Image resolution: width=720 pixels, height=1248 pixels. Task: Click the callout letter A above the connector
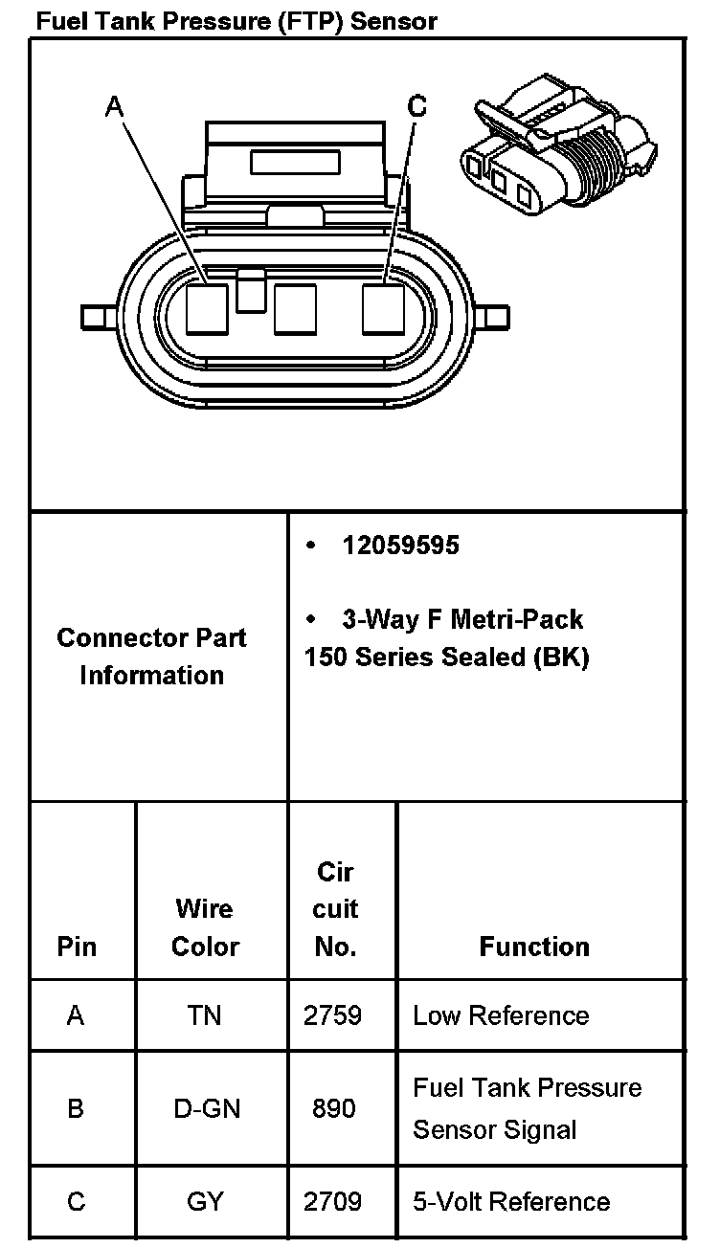click(115, 107)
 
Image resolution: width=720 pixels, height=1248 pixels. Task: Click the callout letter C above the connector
click(416, 107)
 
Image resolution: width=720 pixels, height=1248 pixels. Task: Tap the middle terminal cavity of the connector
click(295, 310)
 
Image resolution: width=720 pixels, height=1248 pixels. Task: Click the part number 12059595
click(400, 546)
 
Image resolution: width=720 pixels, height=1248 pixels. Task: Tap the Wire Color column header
click(205, 927)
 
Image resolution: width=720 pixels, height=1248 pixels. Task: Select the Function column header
click(534, 947)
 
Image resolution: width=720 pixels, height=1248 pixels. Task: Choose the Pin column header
click(77, 947)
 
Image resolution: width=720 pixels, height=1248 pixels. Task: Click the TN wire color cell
click(205, 1015)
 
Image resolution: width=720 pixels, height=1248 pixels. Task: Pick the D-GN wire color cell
click(205, 1108)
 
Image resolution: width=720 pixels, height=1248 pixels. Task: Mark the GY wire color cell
click(205, 1201)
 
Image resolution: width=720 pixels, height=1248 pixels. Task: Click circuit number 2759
click(333, 1015)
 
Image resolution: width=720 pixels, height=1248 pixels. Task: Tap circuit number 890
click(333, 1108)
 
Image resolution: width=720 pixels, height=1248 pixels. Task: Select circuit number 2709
click(333, 1201)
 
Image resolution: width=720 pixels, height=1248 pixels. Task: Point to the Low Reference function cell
click(501, 1015)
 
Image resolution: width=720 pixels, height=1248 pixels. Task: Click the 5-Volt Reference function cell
click(511, 1201)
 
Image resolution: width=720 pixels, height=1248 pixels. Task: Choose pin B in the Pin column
click(76, 1108)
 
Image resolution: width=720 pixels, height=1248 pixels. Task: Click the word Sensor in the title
click(394, 21)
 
